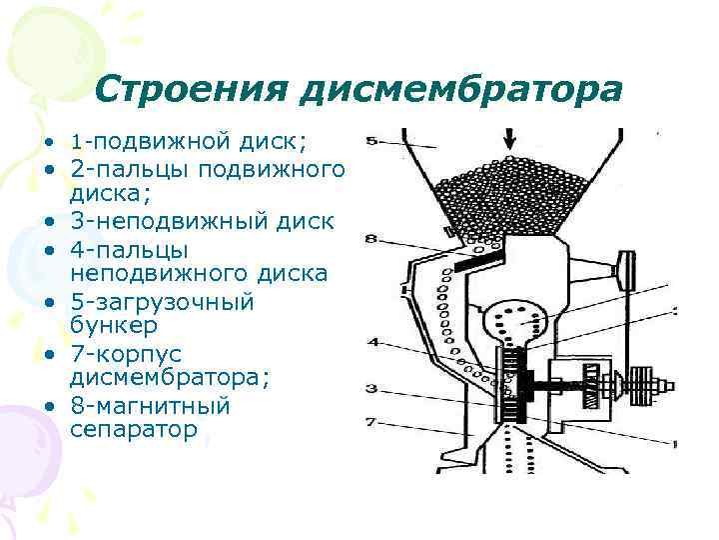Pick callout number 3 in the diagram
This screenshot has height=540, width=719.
tap(370, 388)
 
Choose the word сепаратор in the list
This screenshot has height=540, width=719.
tap(134, 430)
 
